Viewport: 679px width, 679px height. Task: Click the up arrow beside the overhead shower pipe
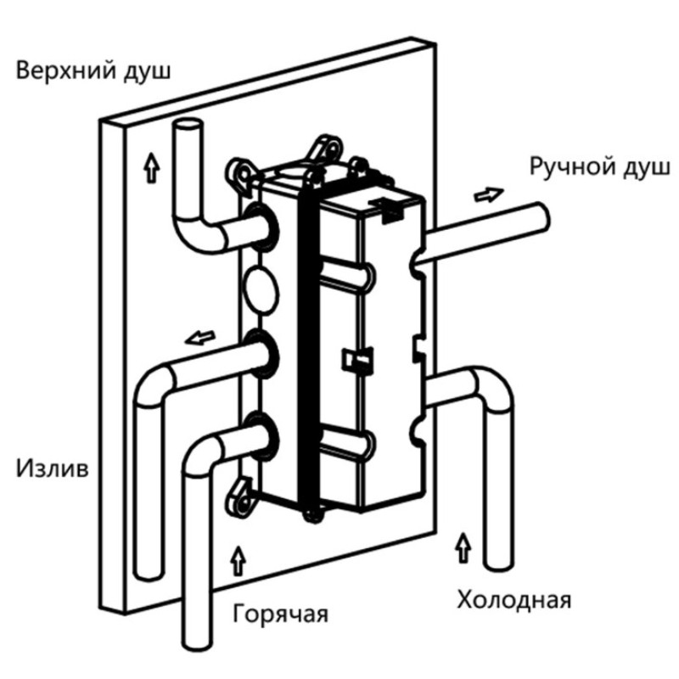coord(151,168)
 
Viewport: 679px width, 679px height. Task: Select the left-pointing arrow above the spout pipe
coord(199,339)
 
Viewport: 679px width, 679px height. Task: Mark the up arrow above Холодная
coord(462,543)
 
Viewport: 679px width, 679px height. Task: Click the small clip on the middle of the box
coord(354,361)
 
